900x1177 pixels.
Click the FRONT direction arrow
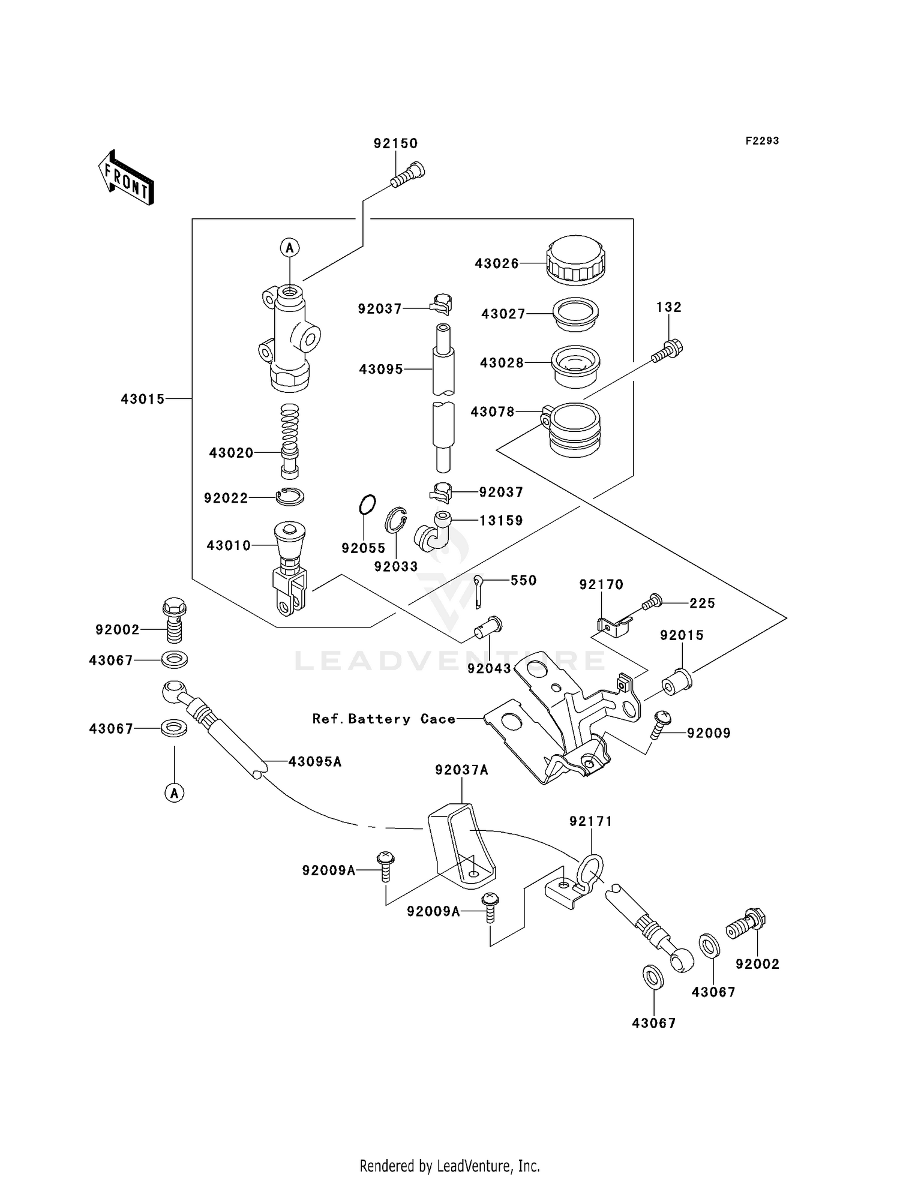click(126, 178)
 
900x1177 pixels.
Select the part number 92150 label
click(395, 143)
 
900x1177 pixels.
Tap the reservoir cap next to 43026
click(575, 260)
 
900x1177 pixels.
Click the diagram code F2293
click(762, 141)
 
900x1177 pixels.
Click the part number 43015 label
click(143, 399)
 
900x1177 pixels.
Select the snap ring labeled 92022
click(290, 497)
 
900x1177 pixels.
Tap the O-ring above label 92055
click(367, 505)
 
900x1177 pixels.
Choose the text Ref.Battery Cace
click(384, 719)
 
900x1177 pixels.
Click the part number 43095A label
click(315, 762)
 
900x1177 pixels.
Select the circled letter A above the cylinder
click(290, 247)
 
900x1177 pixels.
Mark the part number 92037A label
click(461, 770)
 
